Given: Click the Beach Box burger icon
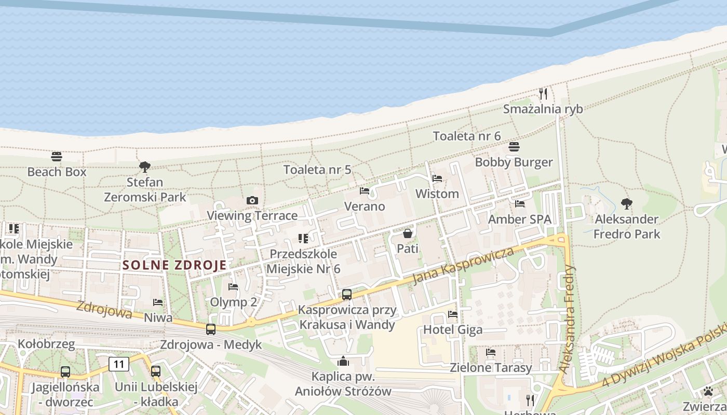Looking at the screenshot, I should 57,156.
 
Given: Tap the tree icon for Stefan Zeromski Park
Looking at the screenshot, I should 145,167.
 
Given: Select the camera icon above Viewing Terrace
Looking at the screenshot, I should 252,200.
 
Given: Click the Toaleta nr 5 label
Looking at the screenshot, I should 317,170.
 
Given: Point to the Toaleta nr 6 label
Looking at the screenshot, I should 467,136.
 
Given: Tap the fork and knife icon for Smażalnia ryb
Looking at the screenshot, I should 543,94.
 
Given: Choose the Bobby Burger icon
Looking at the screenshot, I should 514,147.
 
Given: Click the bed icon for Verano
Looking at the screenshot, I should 365,191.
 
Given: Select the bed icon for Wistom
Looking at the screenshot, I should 437,178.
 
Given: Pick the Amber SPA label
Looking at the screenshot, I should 519,219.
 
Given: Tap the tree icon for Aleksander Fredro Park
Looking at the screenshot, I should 627,203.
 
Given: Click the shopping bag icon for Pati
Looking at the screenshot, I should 408,233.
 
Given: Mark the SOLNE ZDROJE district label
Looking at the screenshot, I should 175,265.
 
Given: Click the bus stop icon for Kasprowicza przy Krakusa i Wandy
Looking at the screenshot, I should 347,295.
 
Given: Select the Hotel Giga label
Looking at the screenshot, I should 453,329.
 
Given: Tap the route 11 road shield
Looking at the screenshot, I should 119,364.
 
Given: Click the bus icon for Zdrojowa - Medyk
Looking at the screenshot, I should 211,329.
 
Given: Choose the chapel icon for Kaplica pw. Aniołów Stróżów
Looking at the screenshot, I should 343,361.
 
